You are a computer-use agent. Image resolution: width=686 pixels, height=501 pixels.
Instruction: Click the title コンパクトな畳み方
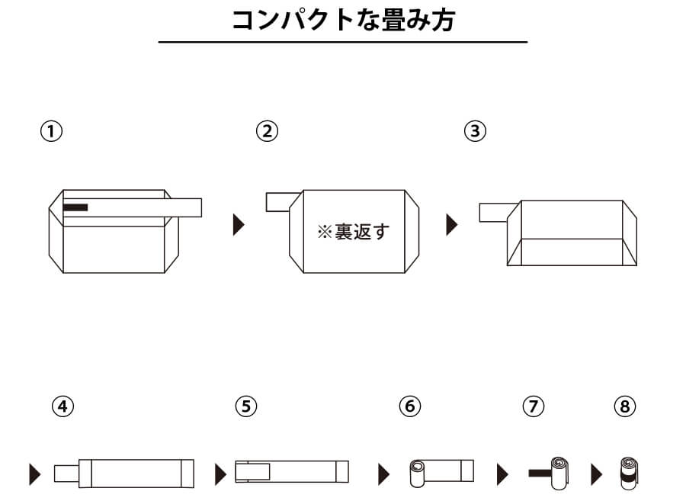342,21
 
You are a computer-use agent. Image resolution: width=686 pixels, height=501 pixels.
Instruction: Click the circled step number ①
51,131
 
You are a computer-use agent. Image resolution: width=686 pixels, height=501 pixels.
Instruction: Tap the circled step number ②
267,131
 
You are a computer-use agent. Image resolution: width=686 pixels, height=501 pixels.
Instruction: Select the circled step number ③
475,131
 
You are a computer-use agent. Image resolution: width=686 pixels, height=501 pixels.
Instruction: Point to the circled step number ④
63,406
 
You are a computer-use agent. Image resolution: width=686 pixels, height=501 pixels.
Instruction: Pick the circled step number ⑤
245,406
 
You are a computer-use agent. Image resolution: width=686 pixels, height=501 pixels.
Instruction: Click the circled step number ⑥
410,406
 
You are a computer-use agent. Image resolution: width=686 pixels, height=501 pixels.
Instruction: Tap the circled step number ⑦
534,406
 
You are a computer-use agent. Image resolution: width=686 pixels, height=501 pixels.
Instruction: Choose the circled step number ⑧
624,406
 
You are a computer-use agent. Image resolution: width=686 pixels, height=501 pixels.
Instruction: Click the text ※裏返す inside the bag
352,232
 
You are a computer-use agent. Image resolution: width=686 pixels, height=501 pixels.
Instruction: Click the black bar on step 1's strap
75,207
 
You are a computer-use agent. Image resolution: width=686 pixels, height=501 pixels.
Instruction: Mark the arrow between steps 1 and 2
239,225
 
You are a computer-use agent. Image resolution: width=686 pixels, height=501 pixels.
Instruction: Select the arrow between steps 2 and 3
452,225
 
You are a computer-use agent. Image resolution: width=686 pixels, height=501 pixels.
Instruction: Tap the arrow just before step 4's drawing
34,474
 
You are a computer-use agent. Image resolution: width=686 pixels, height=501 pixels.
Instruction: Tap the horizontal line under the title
342,42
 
